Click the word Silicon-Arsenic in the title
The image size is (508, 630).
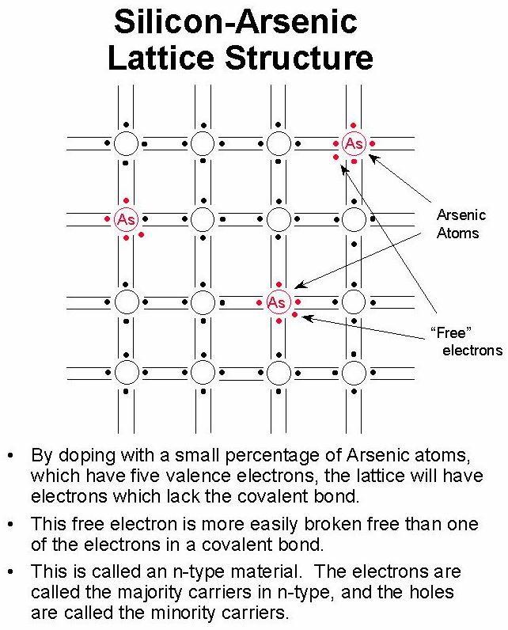pos(236,21)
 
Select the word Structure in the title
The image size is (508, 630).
pos(299,58)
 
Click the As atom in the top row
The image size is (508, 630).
pos(354,143)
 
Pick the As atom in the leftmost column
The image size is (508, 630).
pos(126,219)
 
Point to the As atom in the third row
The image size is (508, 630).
pos(279,302)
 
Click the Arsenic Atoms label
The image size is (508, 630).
pos(461,224)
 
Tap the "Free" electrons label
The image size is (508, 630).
pos(466,342)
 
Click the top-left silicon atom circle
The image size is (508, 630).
pos(126,143)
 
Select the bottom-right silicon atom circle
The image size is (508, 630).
pos(354,373)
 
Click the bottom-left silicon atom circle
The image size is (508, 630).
pos(126,373)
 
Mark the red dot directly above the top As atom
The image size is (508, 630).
pos(353,125)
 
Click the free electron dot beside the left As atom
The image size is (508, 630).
pos(141,234)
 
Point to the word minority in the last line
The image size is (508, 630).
pos(183,613)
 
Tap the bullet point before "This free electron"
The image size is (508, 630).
pos(11,524)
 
